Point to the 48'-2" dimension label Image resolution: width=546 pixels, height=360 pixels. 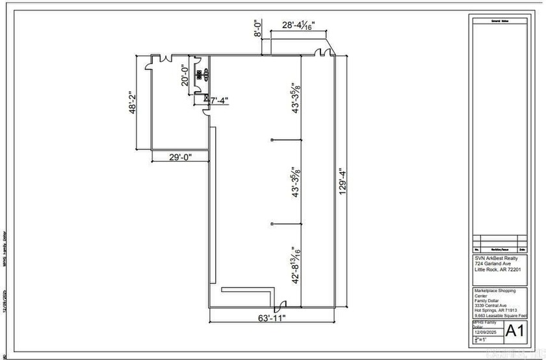click(x=133, y=103)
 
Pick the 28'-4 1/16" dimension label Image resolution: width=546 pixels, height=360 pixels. click(x=297, y=26)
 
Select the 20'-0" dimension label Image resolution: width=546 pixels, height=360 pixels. click(x=185, y=76)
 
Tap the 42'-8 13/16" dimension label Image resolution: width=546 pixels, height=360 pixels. click(x=296, y=264)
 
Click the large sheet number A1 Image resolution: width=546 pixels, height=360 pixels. click(x=515, y=329)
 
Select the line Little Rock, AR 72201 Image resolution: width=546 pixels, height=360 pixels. click(x=497, y=270)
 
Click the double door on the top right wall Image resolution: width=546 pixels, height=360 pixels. click(x=322, y=53)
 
